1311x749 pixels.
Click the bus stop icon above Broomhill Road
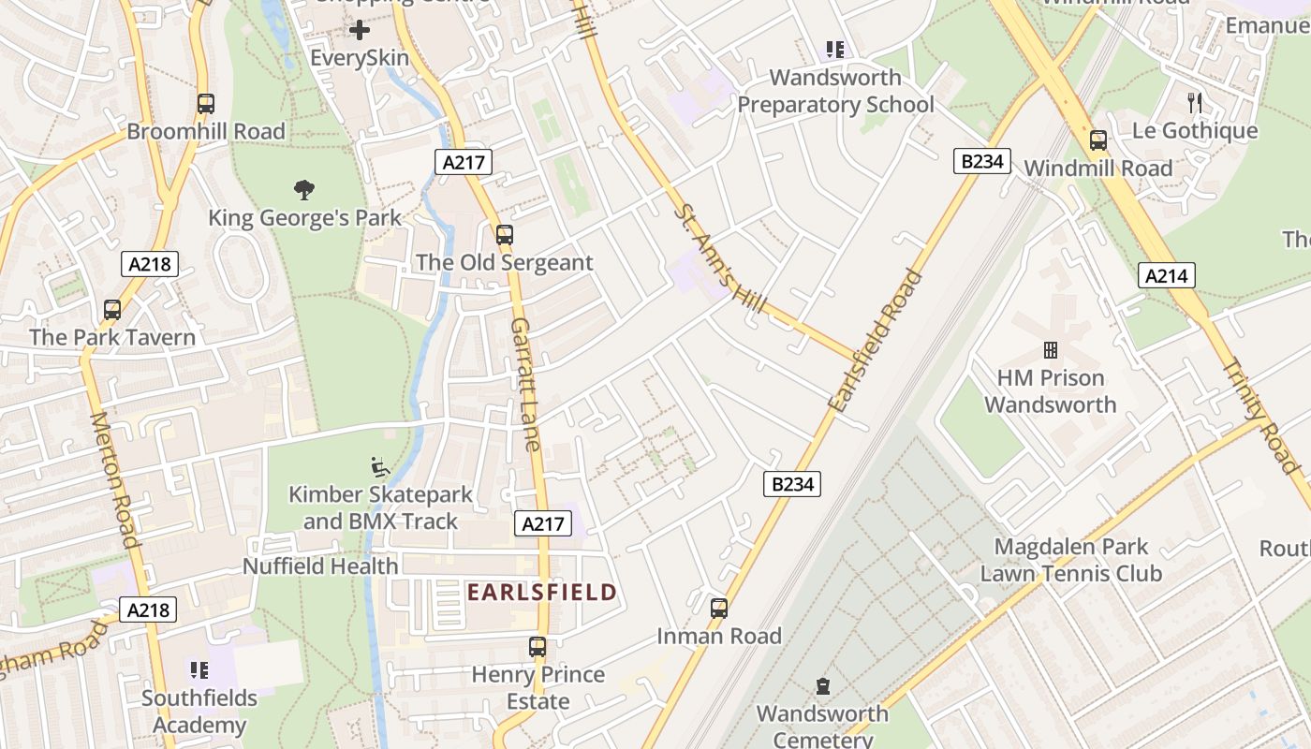click(206, 104)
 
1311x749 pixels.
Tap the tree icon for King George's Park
click(303, 190)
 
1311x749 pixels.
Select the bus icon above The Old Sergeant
click(505, 234)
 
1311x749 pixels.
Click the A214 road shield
click(1167, 275)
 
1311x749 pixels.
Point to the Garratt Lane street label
click(526, 384)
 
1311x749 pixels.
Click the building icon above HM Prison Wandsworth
click(1051, 350)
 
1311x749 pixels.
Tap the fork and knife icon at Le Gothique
click(1195, 102)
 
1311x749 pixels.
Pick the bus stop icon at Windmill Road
click(1098, 140)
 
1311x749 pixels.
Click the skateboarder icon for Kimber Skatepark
click(380, 465)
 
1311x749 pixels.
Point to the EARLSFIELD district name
click(541, 592)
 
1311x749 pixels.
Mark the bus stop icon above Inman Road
click(719, 609)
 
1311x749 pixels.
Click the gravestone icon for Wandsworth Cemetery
click(823, 686)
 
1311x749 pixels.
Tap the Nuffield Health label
click(320, 566)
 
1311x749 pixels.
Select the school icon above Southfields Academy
click(199, 670)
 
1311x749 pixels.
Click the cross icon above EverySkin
click(360, 30)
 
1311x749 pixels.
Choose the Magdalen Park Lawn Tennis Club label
click(1070, 560)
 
